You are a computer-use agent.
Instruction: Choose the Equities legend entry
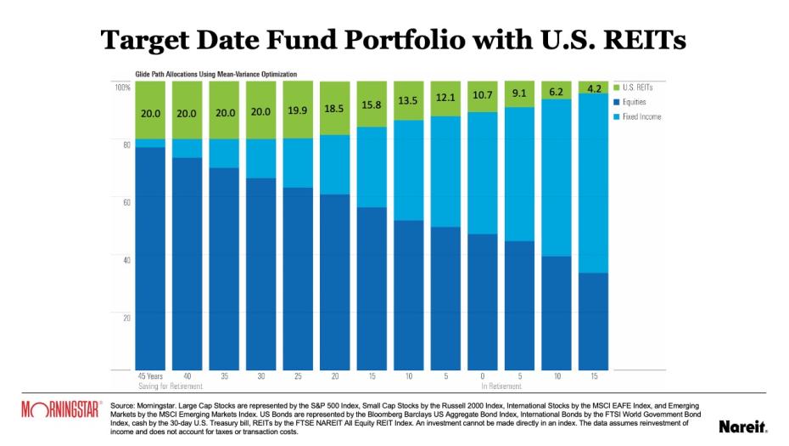635,101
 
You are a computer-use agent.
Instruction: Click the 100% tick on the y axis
122,87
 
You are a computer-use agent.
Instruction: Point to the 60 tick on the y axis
125,202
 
